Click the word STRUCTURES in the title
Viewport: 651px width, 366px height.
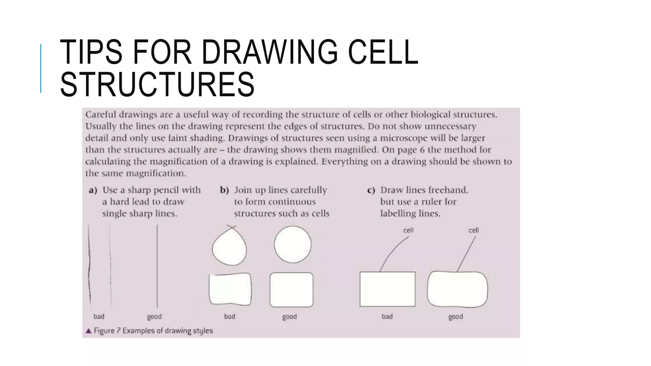click(157, 84)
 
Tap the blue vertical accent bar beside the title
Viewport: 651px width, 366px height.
click(41, 68)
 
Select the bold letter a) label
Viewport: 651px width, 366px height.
click(93, 190)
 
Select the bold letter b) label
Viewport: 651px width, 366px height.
click(224, 190)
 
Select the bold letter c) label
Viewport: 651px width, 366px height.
click(371, 190)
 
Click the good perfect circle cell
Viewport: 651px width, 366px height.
click(292, 244)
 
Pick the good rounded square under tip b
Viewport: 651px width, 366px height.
click(291, 289)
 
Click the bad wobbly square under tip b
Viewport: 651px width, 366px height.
click(230, 289)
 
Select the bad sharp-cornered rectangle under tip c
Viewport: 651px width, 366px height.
click(387, 289)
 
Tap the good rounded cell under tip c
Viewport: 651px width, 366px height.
click(457, 289)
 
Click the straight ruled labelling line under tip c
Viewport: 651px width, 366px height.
click(466, 254)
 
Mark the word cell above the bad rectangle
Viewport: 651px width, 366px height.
click(408, 230)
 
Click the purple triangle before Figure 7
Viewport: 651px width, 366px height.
click(89, 331)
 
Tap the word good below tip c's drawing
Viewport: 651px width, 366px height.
click(456, 317)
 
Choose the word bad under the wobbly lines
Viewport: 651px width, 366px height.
click(99, 316)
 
